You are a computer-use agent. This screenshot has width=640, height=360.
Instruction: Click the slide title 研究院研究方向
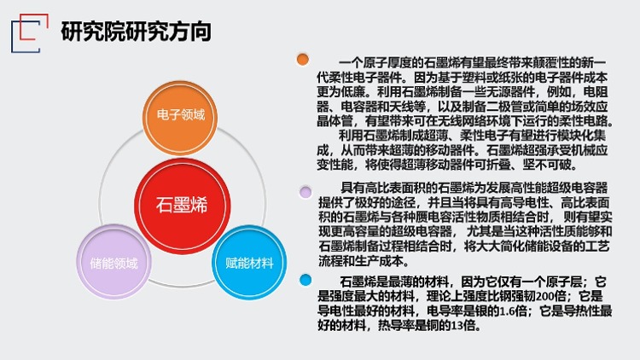(136, 32)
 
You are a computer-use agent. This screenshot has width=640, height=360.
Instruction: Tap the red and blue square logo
(29, 33)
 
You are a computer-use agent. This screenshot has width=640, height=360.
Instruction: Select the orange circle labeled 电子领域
(180, 118)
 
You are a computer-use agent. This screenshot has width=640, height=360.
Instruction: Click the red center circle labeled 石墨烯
(182, 206)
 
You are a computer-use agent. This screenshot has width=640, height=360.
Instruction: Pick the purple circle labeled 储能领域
(113, 262)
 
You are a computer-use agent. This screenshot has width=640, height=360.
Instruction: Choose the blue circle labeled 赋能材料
(249, 262)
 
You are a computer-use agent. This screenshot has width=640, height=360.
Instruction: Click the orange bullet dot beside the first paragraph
(303, 60)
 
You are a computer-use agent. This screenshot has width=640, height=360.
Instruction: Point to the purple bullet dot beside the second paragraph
(305, 192)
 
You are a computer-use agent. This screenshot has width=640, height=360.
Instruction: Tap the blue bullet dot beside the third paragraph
(305, 280)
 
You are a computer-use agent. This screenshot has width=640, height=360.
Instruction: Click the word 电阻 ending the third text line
(596, 92)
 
